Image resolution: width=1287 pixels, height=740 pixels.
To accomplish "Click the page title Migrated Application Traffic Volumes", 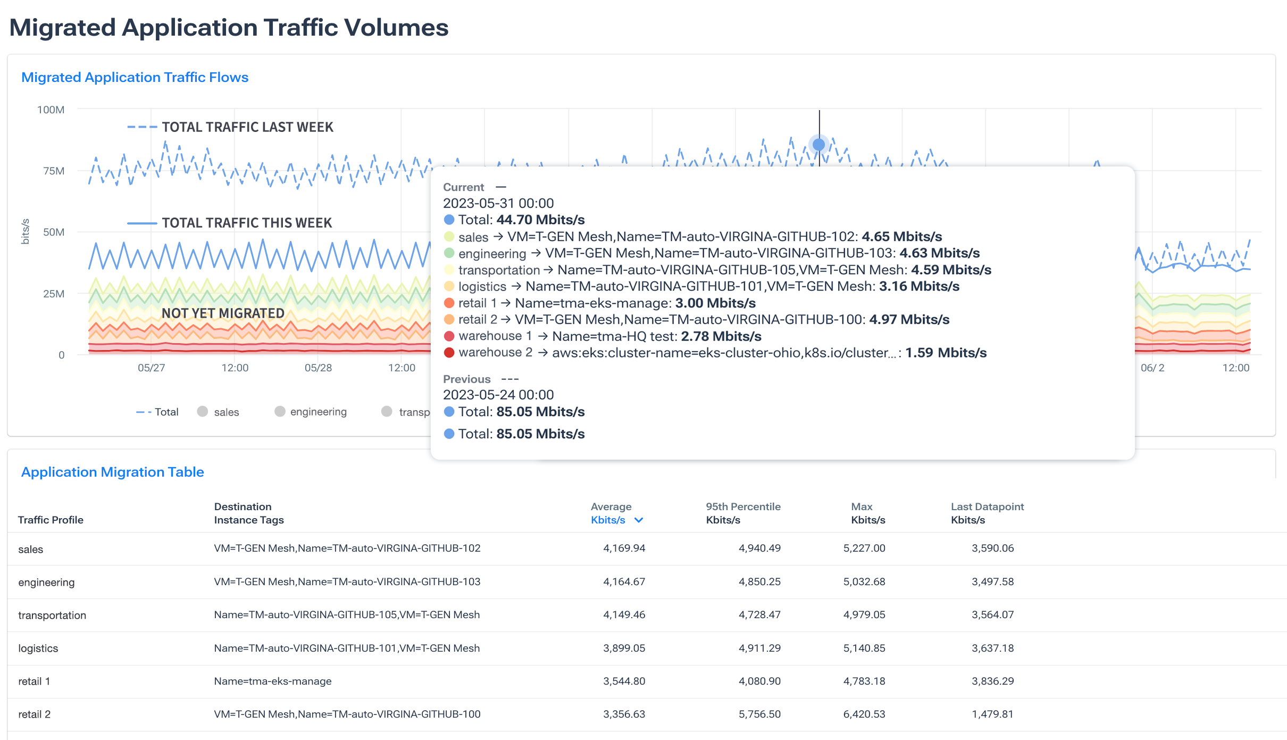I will [229, 28].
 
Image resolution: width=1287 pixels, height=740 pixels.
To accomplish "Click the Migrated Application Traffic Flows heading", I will [135, 77].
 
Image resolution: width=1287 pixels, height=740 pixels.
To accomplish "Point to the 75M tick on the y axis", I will [54, 171].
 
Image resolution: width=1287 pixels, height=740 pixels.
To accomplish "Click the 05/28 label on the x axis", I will [318, 368].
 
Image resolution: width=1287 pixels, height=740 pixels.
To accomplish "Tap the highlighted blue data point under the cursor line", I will [819, 144].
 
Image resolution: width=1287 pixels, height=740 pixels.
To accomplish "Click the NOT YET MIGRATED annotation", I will [223, 313].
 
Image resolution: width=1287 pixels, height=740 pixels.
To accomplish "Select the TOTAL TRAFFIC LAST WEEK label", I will [247, 127].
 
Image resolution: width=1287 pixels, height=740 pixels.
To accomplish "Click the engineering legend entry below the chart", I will [317, 412].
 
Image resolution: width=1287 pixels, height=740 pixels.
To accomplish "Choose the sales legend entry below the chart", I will [226, 412].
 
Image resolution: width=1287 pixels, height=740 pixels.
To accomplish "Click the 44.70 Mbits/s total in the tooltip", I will [540, 220].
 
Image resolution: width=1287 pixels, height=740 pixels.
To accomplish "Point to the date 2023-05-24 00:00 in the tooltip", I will [498, 395].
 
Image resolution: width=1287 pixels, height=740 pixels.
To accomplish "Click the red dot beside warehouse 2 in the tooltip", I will [449, 353].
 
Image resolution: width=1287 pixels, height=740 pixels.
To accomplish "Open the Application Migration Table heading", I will [112, 472].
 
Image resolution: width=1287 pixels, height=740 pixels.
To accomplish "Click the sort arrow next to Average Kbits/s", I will [639, 520].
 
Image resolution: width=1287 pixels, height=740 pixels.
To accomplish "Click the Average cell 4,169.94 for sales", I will [624, 548].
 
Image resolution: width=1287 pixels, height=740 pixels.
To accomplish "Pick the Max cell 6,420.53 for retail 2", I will [864, 714].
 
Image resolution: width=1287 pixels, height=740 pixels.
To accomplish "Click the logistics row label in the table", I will [38, 648].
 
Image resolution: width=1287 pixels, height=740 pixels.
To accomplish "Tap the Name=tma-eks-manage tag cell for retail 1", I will [272, 681].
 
